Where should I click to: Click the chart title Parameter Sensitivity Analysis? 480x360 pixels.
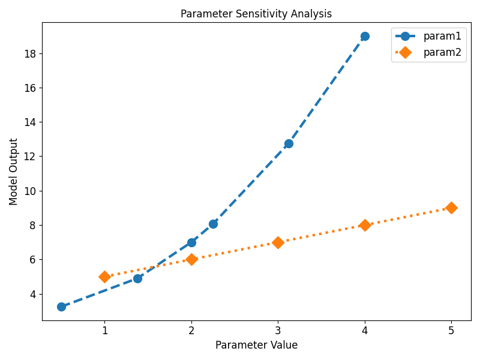256,14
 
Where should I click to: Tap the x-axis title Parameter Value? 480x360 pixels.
256,345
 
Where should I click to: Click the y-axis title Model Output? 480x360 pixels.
14,172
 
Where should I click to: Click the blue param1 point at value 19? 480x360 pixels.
365,36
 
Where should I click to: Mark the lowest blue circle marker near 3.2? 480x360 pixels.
61,307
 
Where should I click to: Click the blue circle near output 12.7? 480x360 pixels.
289,143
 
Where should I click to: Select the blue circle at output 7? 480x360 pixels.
191,242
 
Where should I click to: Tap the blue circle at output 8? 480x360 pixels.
213,224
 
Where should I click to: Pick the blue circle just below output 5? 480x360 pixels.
137,278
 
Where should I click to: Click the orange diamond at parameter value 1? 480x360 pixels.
104,277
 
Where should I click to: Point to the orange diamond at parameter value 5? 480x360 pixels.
451,208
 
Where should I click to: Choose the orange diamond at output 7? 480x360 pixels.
278,242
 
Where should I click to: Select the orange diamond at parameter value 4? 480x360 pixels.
365,225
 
